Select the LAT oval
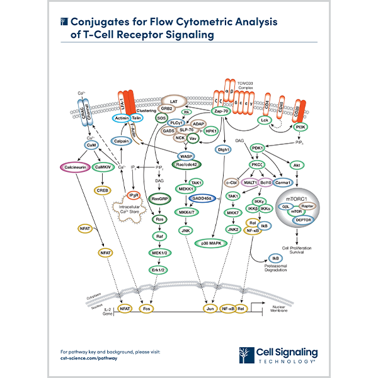coord(171,100)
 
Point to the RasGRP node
coord(161,197)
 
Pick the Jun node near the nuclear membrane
coord(210,309)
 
